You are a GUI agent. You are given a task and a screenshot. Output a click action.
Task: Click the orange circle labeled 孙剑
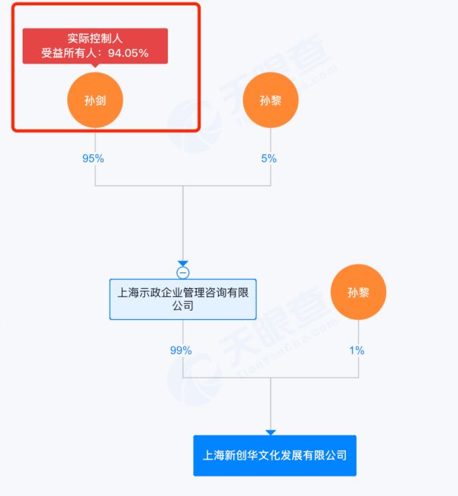pos(95,100)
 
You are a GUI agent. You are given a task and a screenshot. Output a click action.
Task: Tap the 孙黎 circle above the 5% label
pos(270,100)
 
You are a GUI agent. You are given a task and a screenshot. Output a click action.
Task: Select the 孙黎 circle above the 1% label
pos(358,292)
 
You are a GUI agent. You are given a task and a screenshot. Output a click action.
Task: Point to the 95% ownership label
pos(93,159)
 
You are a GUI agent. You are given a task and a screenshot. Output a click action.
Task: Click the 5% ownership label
pos(269,159)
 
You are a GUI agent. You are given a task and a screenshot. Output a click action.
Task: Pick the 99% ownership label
pos(181,350)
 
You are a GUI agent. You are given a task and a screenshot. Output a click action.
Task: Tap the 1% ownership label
pos(357,350)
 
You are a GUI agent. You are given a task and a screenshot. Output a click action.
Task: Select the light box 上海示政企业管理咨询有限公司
pos(182,299)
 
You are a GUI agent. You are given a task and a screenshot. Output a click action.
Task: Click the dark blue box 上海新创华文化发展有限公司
pos(274,455)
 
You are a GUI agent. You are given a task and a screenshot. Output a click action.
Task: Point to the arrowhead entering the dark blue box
pos(270,432)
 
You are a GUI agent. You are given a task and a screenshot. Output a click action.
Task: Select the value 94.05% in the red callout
pos(127,53)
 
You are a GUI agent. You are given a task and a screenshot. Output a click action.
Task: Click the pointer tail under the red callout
pos(95,67)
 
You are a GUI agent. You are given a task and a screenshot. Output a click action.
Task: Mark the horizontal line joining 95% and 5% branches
pos(182,185)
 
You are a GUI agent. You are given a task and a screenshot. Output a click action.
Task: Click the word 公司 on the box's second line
pos(182,306)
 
